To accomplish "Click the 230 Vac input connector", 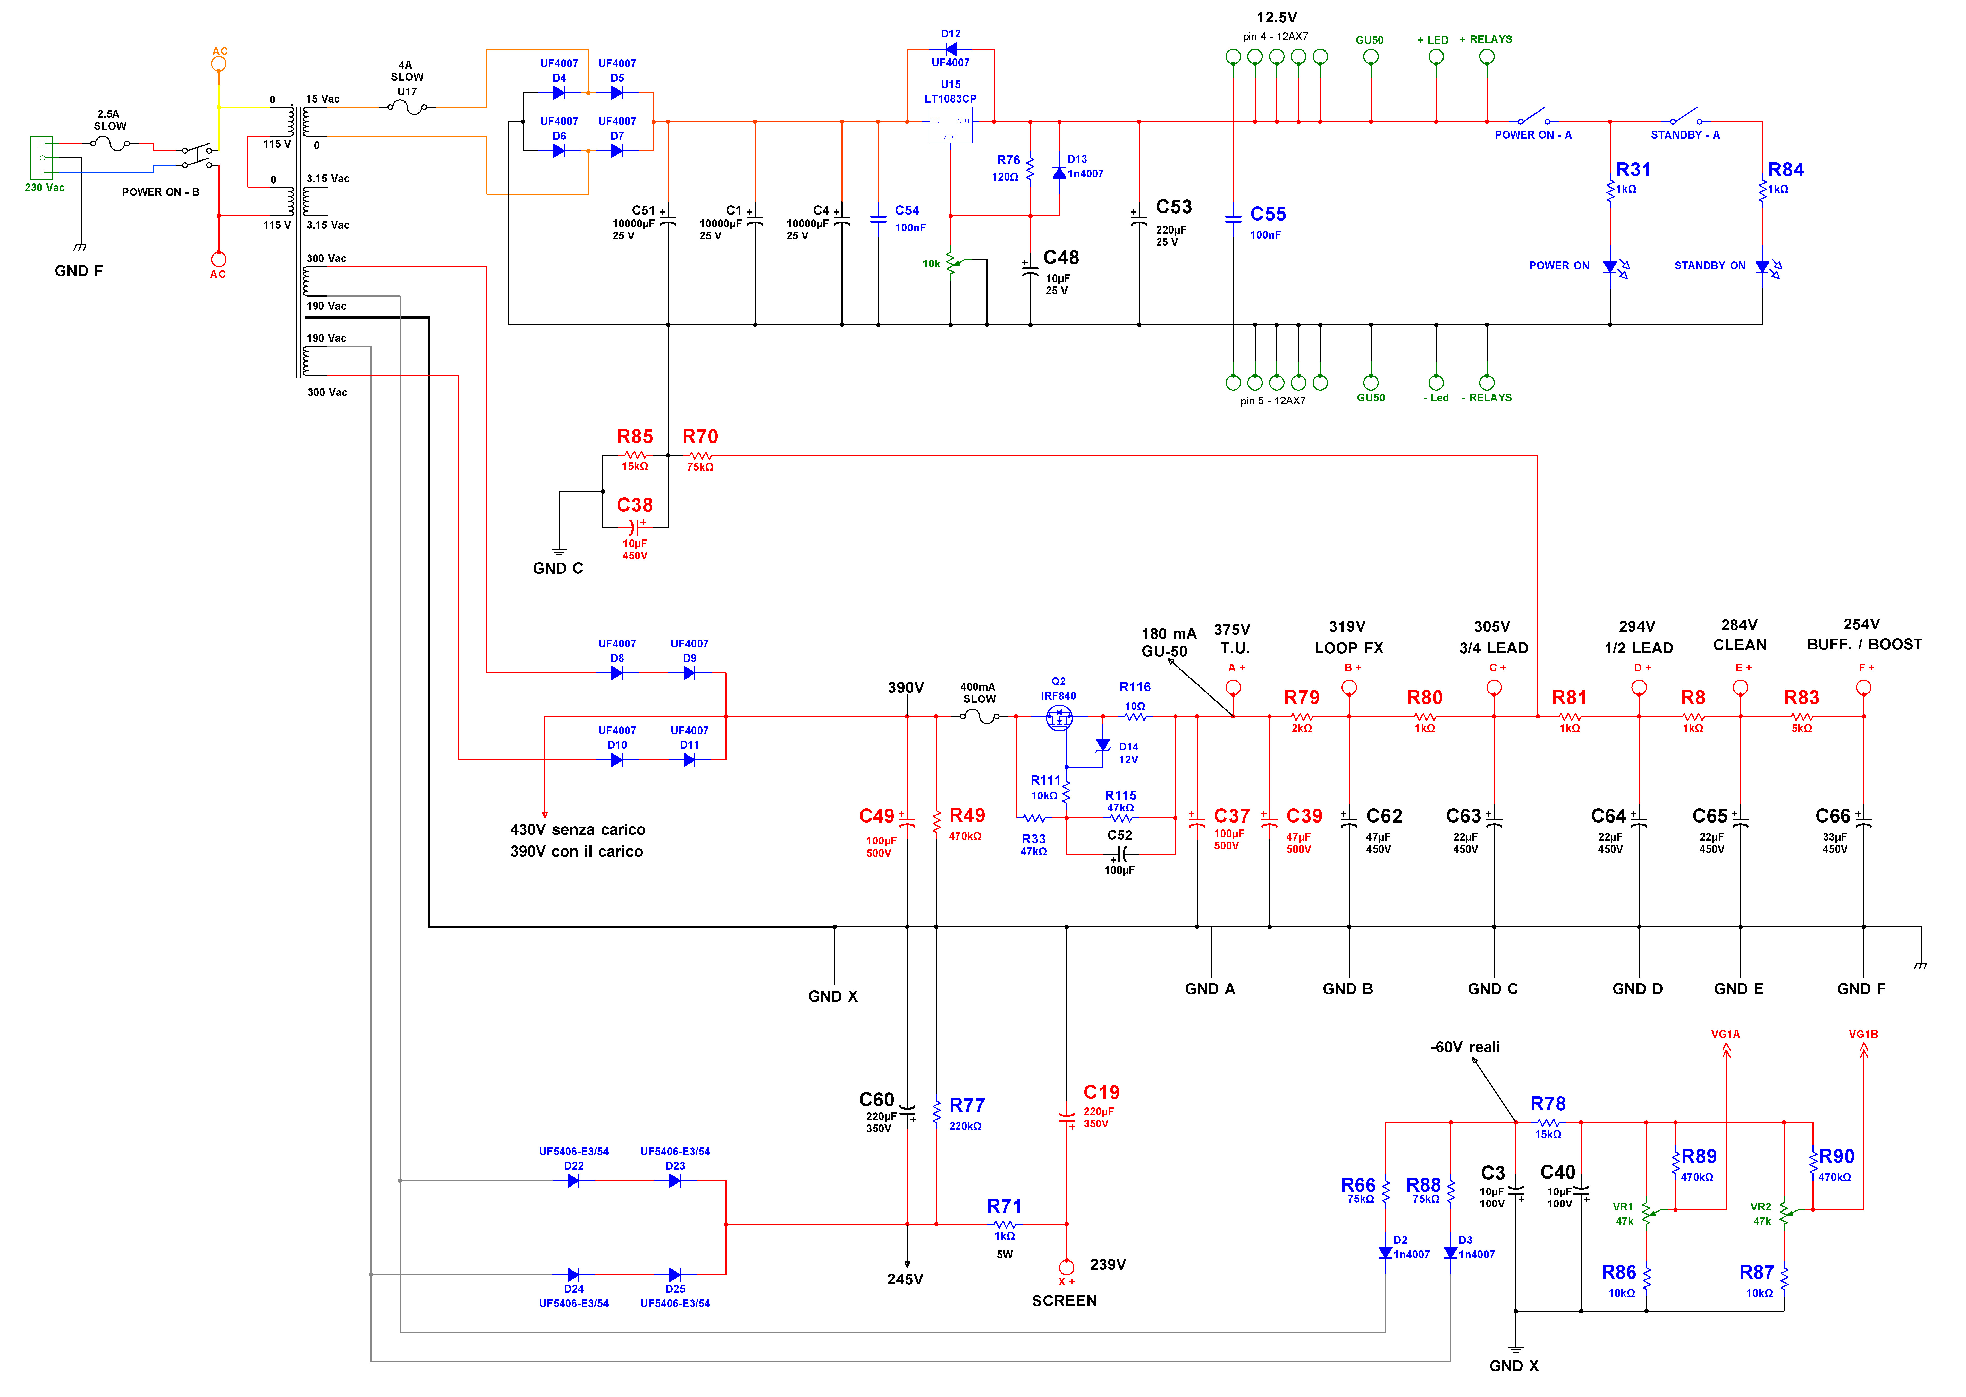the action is pos(41,157).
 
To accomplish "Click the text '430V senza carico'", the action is pos(577,829).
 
